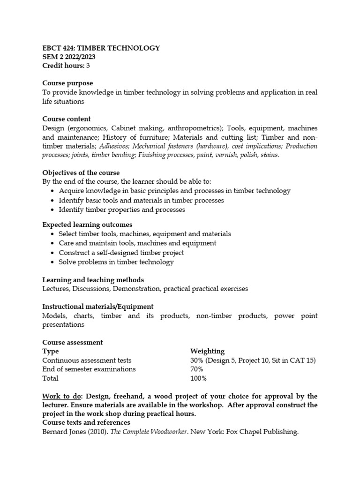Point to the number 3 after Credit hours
[88, 66]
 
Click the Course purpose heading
[67, 83]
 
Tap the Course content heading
[67, 119]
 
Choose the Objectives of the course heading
[81, 172]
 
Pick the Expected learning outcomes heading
[87, 225]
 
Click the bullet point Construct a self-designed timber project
[121, 253]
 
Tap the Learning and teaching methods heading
[93, 280]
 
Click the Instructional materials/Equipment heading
[97, 307]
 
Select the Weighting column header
[207, 351]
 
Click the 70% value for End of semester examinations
[197, 369]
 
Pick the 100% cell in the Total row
[198, 378]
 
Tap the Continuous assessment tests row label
[87, 360]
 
